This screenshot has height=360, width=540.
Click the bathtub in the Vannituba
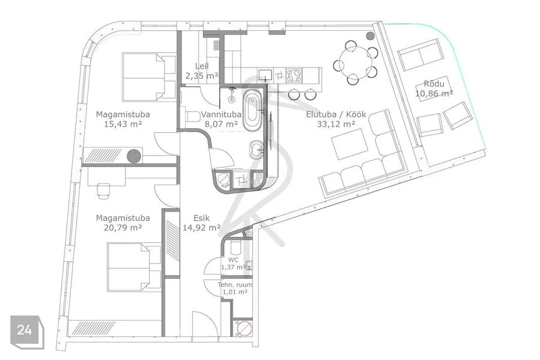point(253,110)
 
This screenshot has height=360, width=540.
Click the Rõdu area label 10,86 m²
point(434,93)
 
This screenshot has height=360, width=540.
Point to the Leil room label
point(202,66)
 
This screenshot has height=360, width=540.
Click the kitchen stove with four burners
point(294,75)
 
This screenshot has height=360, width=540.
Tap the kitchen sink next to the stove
point(265,75)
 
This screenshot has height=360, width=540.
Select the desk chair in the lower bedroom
point(103,191)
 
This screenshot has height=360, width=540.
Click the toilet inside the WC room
point(237,247)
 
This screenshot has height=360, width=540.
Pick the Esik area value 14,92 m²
point(201,228)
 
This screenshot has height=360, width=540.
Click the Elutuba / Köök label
point(336,114)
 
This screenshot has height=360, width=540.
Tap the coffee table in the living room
point(349,143)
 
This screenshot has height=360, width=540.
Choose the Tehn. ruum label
point(235,285)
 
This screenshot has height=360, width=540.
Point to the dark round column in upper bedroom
point(134,156)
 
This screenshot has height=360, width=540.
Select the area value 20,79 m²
point(123,228)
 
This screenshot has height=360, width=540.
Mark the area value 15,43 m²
point(123,124)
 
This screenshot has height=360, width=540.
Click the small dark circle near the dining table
point(370,35)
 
